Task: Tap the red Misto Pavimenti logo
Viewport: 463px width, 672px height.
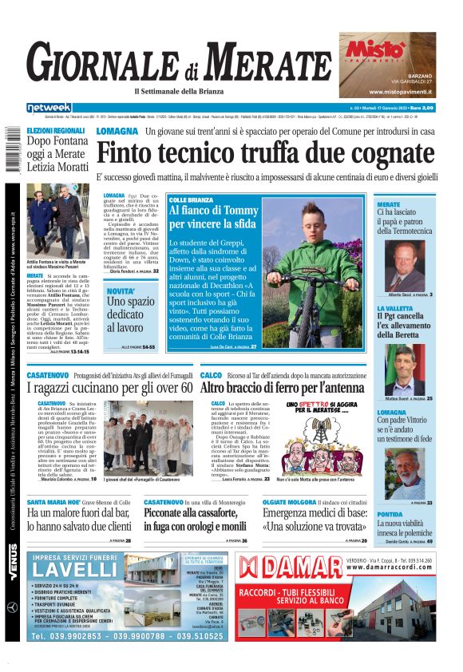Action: pyautogui.click(x=375, y=50)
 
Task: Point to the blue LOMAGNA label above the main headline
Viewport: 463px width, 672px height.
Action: pyautogui.click(x=117, y=131)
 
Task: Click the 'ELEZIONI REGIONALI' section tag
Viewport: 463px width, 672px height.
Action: pyautogui.click(x=55, y=130)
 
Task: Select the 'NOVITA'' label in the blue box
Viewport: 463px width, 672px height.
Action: pyautogui.click(x=121, y=291)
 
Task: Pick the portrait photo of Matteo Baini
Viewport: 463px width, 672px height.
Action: pyautogui.click(x=411, y=368)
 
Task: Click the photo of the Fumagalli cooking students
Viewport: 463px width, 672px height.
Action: pyautogui.click(x=148, y=437)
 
